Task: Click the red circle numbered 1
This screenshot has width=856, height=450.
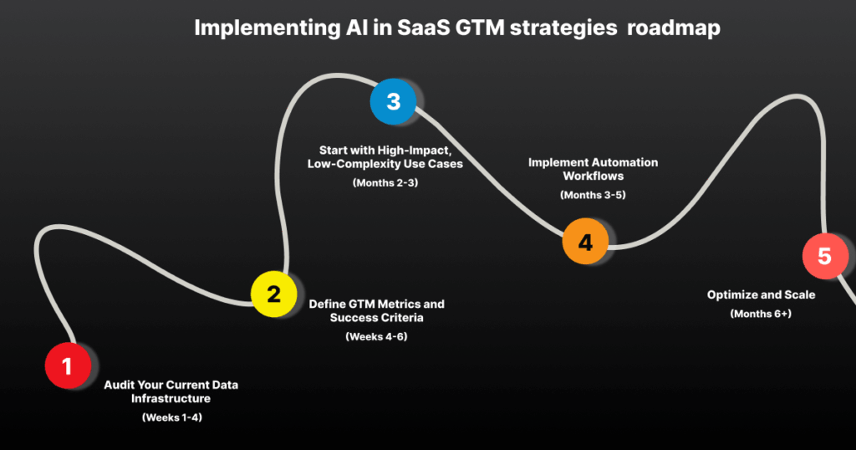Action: click(x=68, y=366)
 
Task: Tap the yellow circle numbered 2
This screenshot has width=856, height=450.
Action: click(x=274, y=294)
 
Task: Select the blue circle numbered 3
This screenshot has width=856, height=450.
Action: click(x=393, y=102)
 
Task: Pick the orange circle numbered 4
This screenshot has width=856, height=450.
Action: click(x=585, y=242)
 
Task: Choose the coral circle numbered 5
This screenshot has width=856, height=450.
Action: click(x=824, y=255)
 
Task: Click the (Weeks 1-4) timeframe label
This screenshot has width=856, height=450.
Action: click(x=171, y=417)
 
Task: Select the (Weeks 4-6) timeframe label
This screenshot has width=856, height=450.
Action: click(x=376, y=336)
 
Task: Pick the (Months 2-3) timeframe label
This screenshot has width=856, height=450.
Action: click(x=385, y=182)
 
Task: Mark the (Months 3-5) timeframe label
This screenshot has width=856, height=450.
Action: click(x=593, y=194)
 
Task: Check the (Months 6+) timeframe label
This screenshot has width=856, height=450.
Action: click(x=761, y=314)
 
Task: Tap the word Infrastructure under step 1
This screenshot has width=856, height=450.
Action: click(x=171, y=398)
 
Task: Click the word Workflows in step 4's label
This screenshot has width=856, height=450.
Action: click(x=594, y=176)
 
